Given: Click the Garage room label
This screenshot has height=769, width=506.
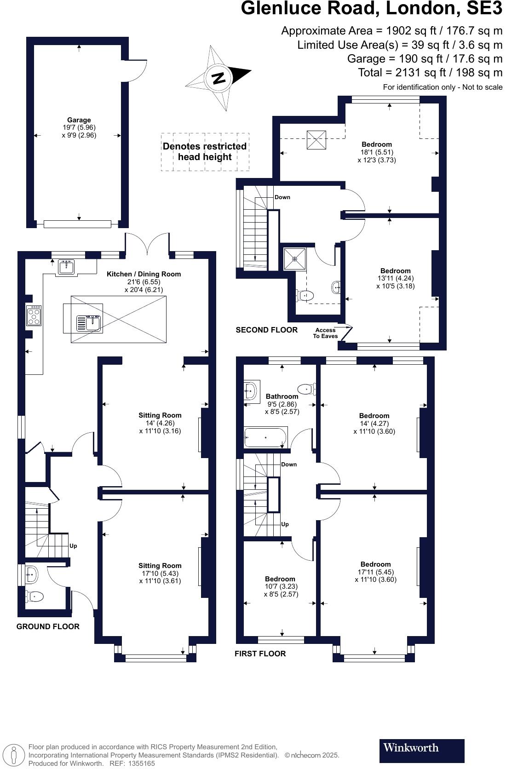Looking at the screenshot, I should coord(79,120).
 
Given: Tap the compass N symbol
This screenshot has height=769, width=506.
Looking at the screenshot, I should coord(218,78).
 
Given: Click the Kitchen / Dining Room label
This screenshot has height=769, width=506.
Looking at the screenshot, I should coord(144,274).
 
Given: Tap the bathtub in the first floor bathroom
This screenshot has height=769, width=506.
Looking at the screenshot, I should coord(265,437).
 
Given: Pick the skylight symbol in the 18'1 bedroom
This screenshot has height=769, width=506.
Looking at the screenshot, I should coord(316,140).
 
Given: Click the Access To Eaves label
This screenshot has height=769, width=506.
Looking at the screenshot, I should coord(325,333).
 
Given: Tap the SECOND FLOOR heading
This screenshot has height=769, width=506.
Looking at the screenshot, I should coord(266,330).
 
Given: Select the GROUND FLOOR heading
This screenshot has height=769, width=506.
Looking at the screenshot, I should coord(48,626).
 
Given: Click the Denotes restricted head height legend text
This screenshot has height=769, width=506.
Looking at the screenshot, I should coord(205,152).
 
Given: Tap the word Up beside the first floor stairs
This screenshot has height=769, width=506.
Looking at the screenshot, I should coord(285,524).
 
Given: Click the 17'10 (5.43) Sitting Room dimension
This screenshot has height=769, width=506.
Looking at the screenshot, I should coord(160,574).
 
